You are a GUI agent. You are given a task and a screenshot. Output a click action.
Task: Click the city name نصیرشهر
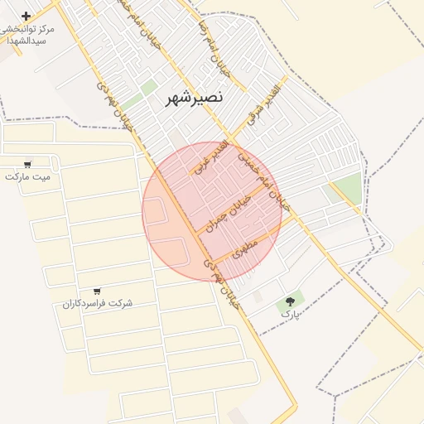point(189,98)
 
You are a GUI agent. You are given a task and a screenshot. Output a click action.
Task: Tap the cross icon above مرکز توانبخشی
point(26,16)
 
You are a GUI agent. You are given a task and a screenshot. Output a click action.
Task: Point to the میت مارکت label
point(27,176)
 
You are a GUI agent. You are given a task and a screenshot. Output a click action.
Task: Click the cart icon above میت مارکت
point(28,164)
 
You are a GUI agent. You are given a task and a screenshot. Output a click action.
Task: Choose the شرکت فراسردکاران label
point(98,303)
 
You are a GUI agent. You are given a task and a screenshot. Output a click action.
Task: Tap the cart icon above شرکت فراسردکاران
point(98,291)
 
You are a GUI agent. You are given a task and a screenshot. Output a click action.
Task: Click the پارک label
point(290,315)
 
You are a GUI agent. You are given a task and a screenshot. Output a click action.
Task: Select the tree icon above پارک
point(290,302)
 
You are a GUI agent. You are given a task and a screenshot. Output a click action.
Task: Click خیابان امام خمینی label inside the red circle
point(264,179)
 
